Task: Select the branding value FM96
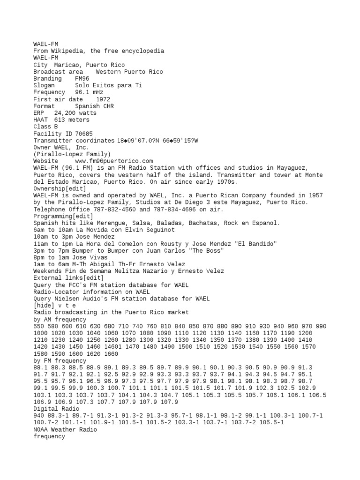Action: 82,78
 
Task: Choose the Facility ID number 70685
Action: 84,134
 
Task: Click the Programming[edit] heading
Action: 63,216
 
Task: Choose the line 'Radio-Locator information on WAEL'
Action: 91,292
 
